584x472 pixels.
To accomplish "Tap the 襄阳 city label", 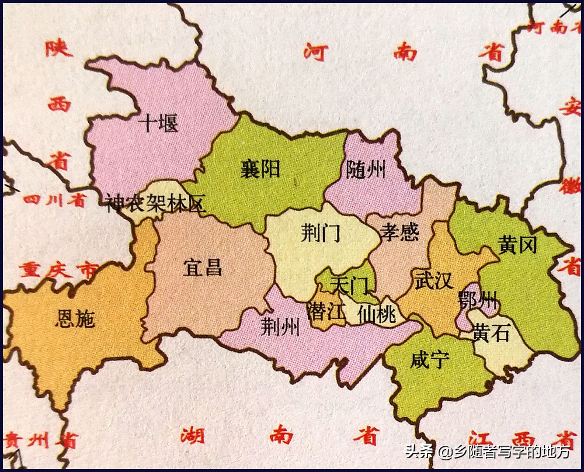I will [x=260, y=168].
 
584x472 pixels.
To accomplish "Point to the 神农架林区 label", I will [x=156, y=204].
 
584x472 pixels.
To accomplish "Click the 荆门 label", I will [x=321, y=234].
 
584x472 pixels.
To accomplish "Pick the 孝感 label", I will [x=400, y=232].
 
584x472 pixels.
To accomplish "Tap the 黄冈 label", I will [x=517, y=245].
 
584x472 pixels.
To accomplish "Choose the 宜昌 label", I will [x=203, y=268].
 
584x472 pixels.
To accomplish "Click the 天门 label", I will [x=349, y=285].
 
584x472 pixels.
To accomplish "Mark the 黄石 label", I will [x=491, y=333].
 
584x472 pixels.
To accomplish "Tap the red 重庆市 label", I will [x=58, y=270].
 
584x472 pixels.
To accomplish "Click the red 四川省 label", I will [x=54, y=201].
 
